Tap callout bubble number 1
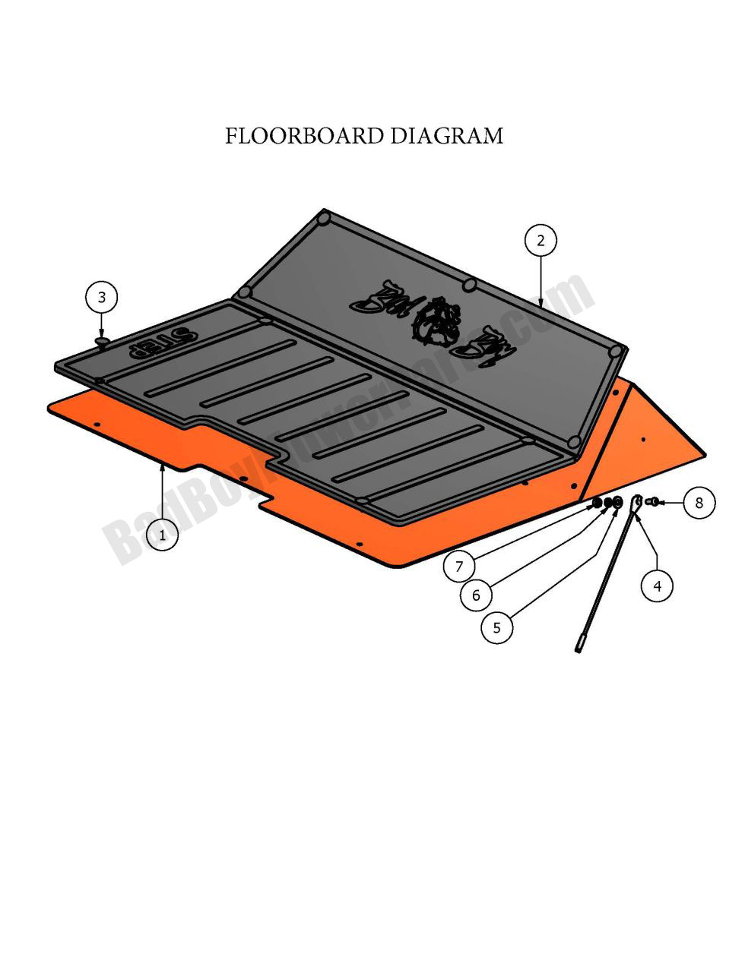point(162,535)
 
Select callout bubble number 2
point(541,241)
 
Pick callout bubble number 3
point(102,297)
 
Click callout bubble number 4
point(657,586)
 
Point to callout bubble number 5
point(497,627)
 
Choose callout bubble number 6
point(477,595)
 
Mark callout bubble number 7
point(459,566)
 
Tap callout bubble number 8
point(699,502)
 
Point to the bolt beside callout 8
point(652,501)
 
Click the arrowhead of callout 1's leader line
point(162,467)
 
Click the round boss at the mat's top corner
point(325,218)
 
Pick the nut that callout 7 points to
point(598,503)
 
